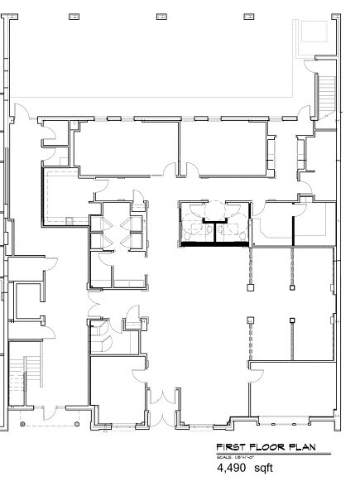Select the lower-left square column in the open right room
coord(249,320)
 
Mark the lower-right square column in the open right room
coord(291,320)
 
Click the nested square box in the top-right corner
coord(314,35)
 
